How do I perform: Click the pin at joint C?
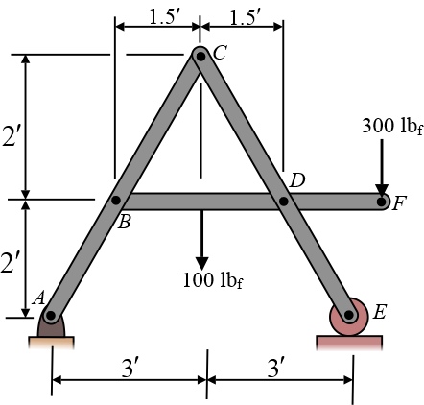(x=200, y=57)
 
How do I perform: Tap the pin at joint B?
(x=116, y=201)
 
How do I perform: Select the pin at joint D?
(x=284, y=202)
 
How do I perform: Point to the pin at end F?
(x=381, y=202)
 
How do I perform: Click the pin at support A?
(x=50, y=316)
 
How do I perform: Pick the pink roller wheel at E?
(x=349, y=316)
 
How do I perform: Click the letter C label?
(x=220, y=53)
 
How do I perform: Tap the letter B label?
(x=124, y=222)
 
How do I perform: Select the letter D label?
(x=297, y=180)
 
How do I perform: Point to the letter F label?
(x=399, y=203)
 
